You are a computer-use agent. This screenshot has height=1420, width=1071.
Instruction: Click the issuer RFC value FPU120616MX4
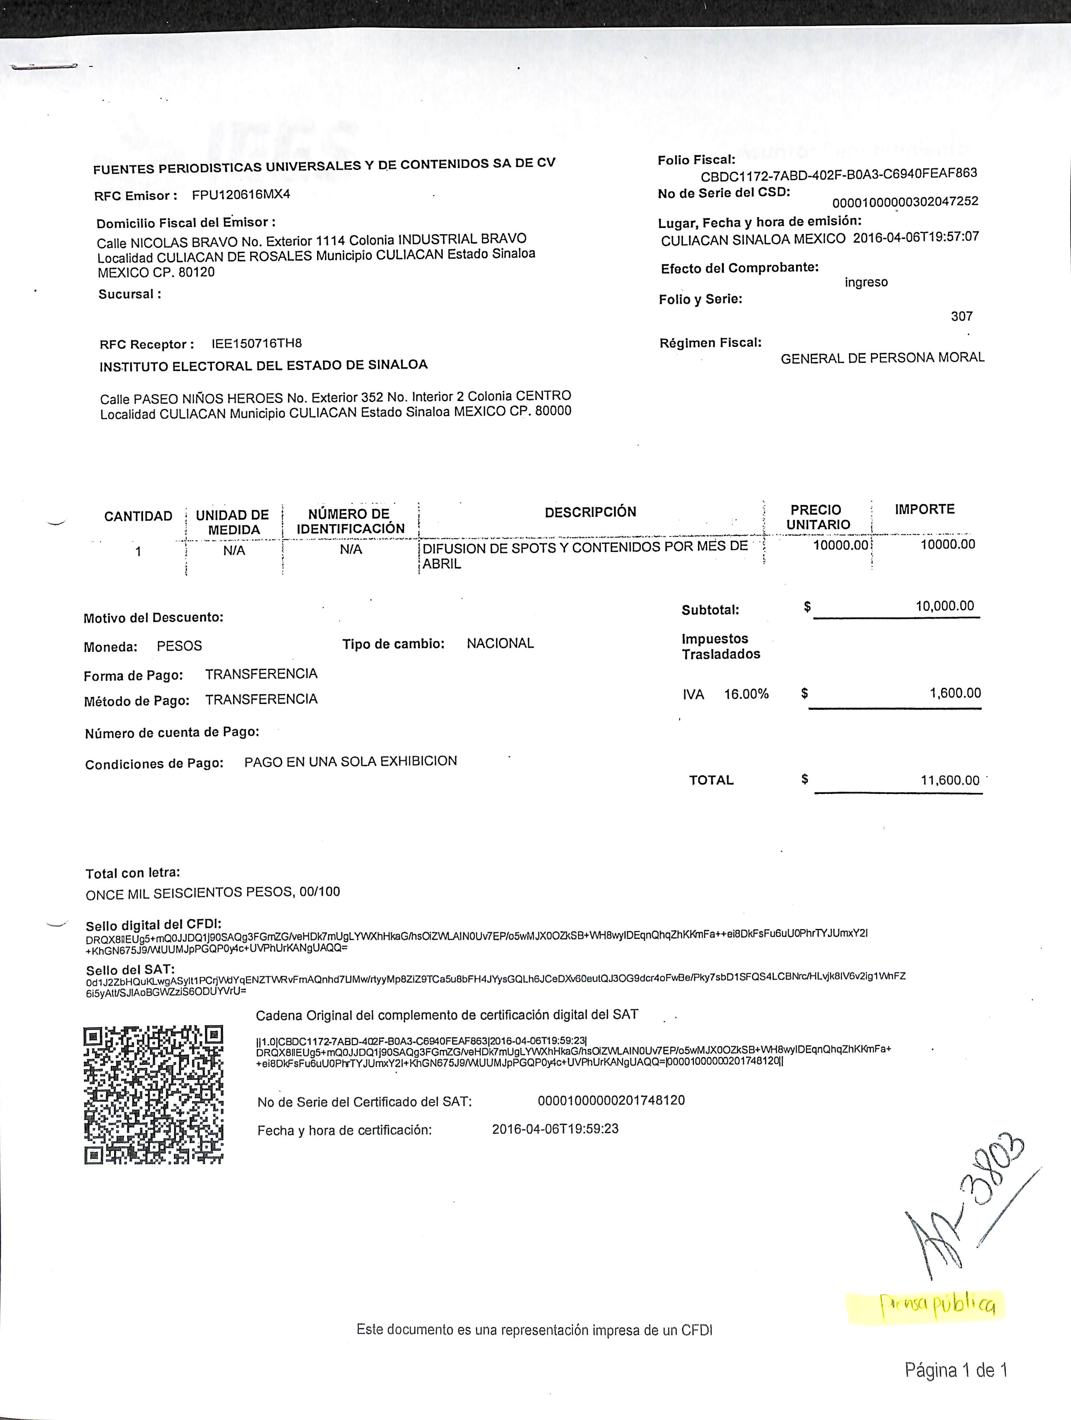tap(241, 194)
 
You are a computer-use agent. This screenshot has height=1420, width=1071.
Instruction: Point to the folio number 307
tap(961, 316)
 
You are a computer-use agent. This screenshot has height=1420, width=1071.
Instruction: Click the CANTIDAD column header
tap(138, 516)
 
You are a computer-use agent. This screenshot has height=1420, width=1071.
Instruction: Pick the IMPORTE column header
tap(925, 509)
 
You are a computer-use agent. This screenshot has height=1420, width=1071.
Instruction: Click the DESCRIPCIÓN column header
tap(590, 512)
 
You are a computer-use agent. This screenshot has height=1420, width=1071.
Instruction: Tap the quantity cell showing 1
tap(138, 551)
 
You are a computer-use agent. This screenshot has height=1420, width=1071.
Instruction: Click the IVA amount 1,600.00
tap(955, 693)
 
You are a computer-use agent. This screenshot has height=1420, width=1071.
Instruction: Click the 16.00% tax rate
tap(746, 694)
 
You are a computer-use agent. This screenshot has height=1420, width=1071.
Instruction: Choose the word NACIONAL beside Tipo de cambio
tap(500, 643)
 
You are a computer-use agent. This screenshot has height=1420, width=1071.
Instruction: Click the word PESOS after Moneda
tap(179, 646)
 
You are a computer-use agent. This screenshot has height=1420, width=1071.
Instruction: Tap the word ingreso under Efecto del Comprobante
tap(866, 282)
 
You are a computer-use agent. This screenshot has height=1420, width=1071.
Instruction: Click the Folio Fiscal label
tap(696, 160)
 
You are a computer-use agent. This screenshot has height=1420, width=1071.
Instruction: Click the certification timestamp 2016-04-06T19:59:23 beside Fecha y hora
tap(555, 1128)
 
